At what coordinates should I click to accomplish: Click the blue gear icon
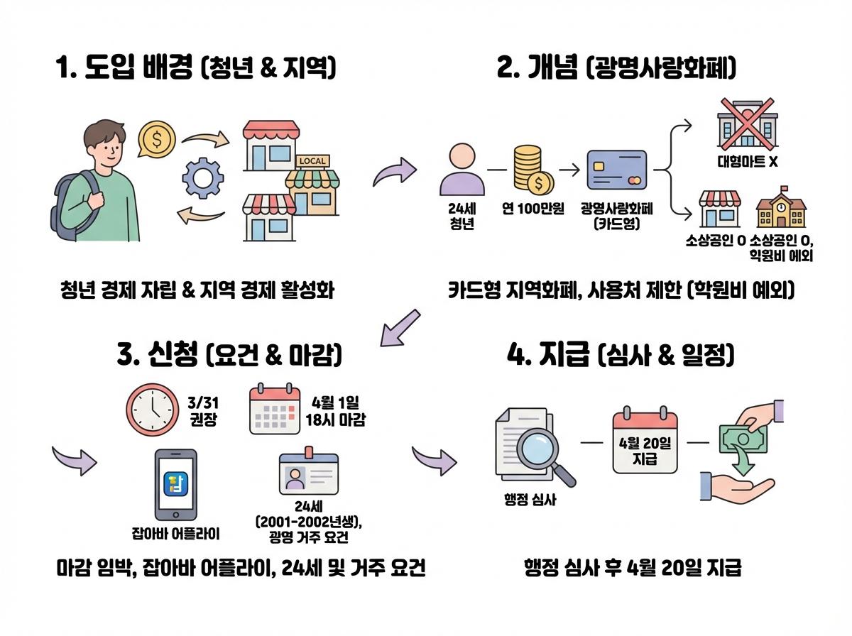[x=202, y=177]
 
